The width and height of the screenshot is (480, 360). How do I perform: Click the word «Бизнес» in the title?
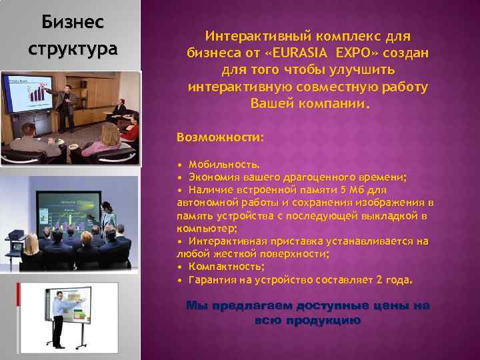pyautogui.click(x=72, y=23)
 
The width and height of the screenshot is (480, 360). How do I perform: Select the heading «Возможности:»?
pyautogui.click(x=220, y=137)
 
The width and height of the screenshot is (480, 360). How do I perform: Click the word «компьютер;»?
pyautogui.click(x=203, y=228)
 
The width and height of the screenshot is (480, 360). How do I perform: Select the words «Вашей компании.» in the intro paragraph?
pyautogui.click(x=308, y=105)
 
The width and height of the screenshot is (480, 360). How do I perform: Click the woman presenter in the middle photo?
pyautogui.click(x=108, y=213)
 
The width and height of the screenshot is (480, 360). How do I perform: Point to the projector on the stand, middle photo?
pyautogui.click(x=15, y=235)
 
